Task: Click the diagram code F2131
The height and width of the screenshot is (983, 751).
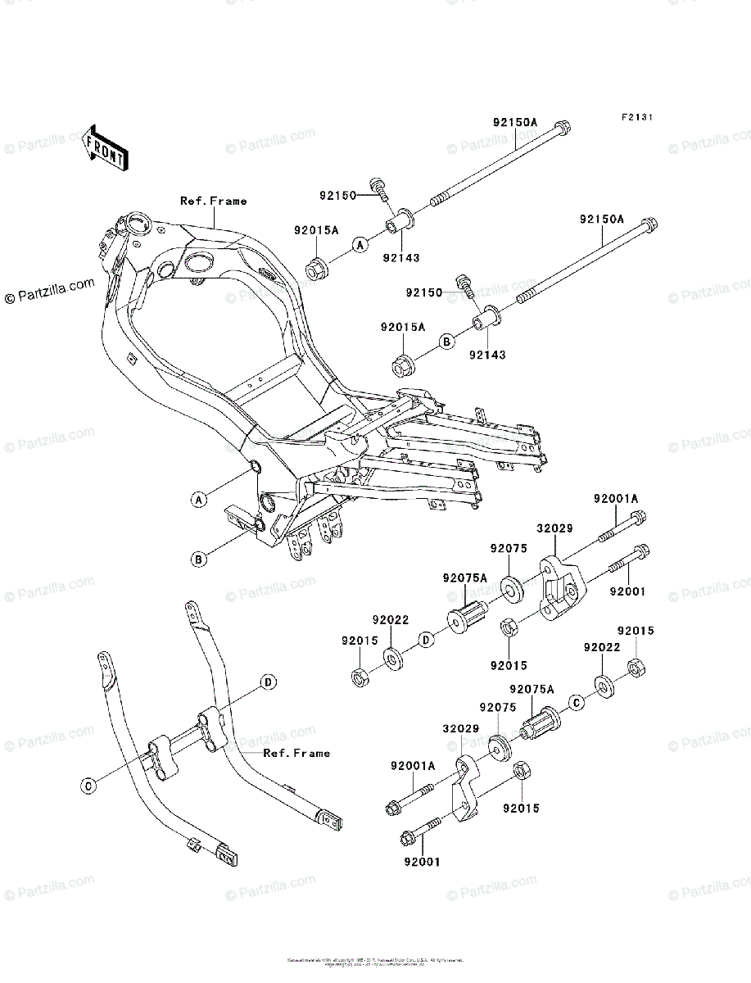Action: click(636, 118)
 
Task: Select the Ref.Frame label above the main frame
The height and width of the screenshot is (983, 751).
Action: click(213, 201)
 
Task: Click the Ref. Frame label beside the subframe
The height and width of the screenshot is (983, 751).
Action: click(296, 753)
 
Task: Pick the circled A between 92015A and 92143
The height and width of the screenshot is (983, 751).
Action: click(359, 244)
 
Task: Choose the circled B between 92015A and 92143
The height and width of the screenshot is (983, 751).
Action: click(446, 341)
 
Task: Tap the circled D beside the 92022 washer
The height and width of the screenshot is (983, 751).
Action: click(426, 639)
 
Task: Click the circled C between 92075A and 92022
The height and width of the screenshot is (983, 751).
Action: click(576, 702)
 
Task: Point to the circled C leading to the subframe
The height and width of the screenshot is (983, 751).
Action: click(88, 786)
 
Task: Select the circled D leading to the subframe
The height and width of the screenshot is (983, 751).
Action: click(267, 682)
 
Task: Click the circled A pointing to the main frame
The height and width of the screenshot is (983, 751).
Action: click(198, 499)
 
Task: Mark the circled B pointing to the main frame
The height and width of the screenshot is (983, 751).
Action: click(198, 560)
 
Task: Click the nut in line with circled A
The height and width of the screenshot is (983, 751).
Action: click(316, 267)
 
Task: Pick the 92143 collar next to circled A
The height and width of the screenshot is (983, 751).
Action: click(399, 223)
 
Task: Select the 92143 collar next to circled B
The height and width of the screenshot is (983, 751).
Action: click(488, 319)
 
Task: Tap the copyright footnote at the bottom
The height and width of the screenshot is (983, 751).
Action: click(375, 960)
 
